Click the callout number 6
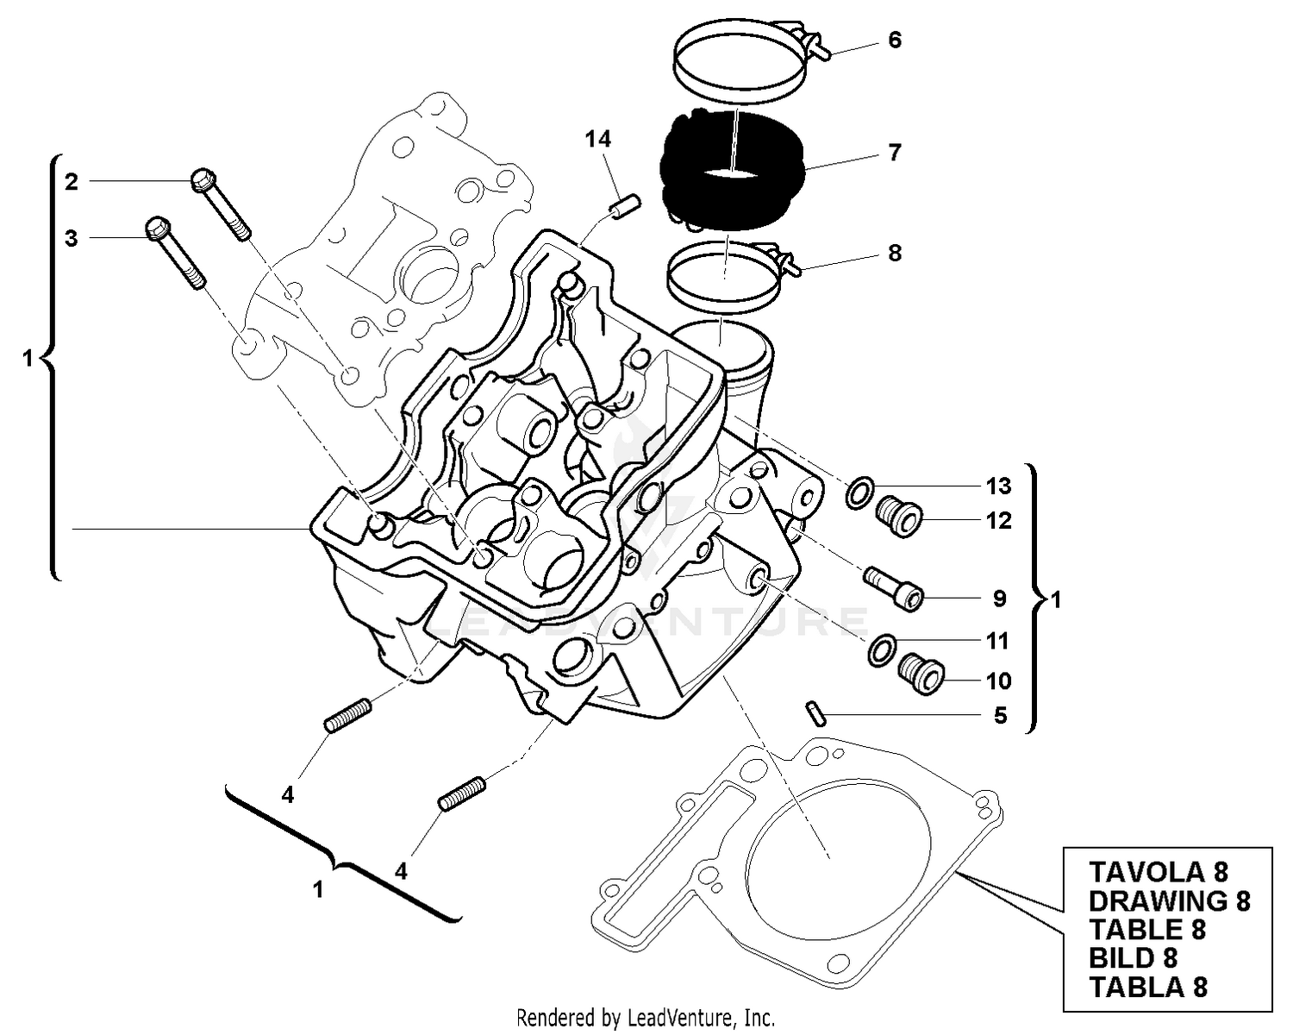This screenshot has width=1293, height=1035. click(895, 41)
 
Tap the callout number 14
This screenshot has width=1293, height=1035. click(597, 139)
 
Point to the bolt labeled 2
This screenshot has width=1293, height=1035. click(221, 202)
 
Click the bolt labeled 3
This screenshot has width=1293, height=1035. click(176, 251)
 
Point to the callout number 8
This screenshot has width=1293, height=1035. click(895, 253)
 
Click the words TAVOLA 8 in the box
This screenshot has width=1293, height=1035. click(1158, 872)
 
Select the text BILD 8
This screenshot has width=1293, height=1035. click(1133, 958)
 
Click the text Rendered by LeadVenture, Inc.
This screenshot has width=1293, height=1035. click(646, 1017)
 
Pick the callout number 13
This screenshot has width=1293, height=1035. click(998, 486)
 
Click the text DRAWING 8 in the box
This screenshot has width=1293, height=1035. click(1168, 901)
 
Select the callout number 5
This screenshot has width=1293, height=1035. click(1000, 716)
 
